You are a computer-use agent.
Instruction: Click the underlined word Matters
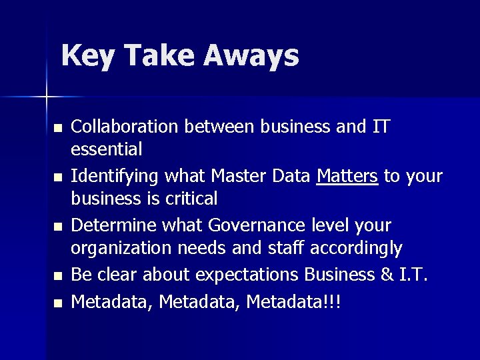pyautogui.click(x=348, y=176)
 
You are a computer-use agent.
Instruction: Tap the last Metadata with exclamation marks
pyautogui.click(x=293, y=301)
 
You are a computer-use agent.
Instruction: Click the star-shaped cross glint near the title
pyautogui.click(x=46, y=97)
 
